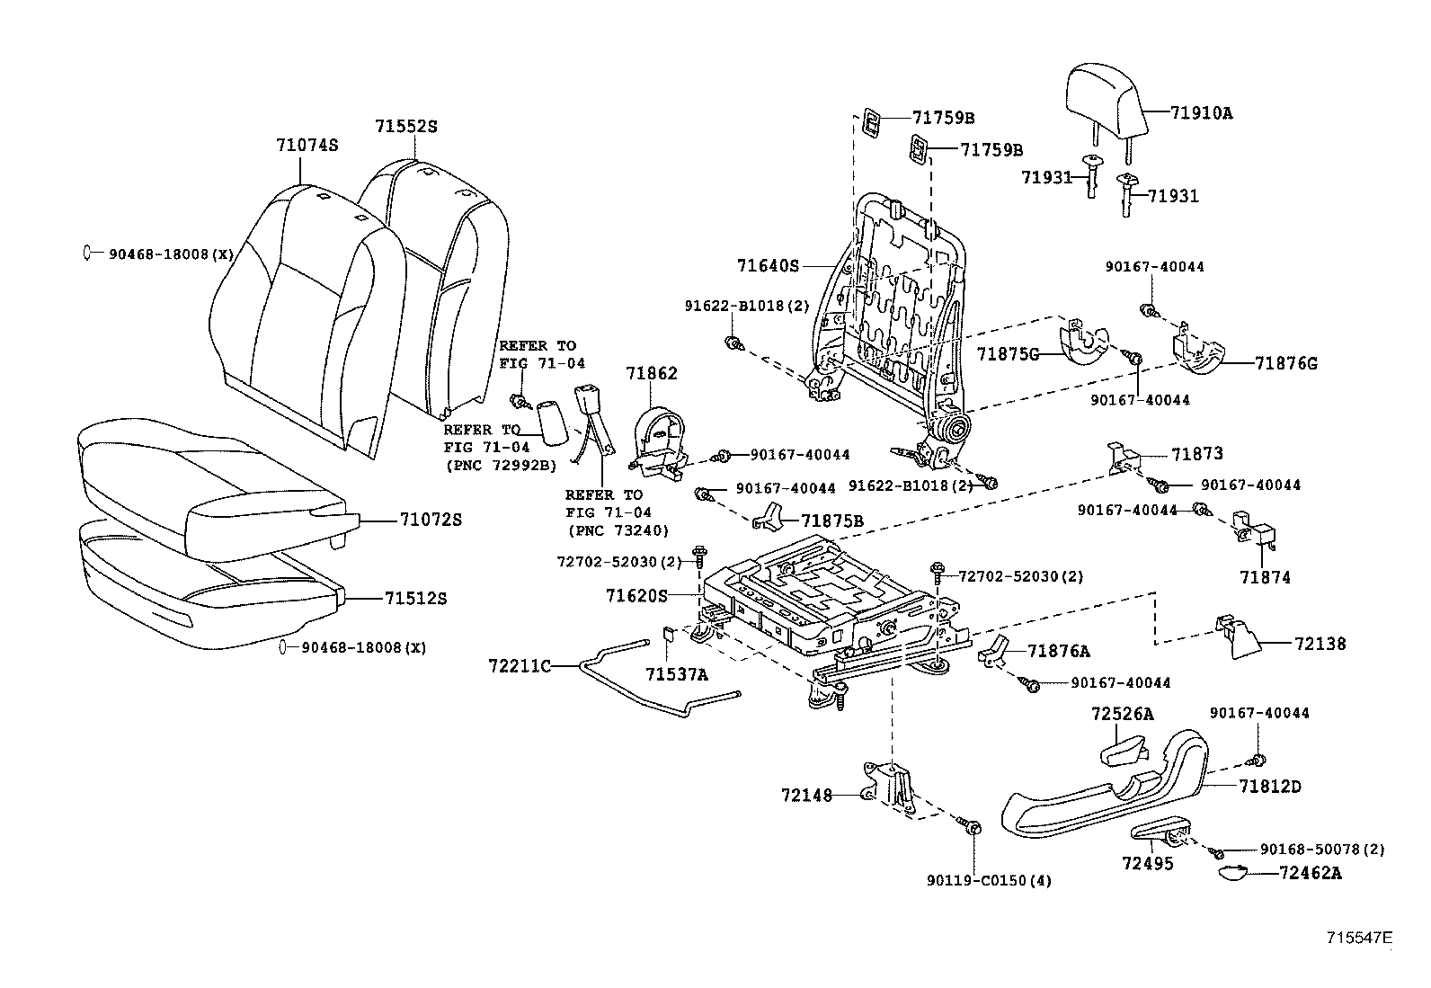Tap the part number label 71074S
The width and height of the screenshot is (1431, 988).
click(307, 144)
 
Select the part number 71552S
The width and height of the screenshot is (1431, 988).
click(405, 127)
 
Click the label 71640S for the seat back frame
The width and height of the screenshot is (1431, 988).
click(768, 266)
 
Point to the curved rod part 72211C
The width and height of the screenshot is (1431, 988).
click(629, 681)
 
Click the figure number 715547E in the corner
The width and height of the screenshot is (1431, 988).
click(1360, 938)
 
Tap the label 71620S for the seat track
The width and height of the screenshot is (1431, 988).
click(637, 595)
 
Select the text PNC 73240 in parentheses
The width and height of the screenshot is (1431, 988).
click(618, 530)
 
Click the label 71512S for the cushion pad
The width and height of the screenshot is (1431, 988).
click(415, 598)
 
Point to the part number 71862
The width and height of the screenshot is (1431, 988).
click(652, 373)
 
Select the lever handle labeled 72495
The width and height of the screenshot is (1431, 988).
click(1160, 831)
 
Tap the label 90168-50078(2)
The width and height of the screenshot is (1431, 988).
click(1321, 849)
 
